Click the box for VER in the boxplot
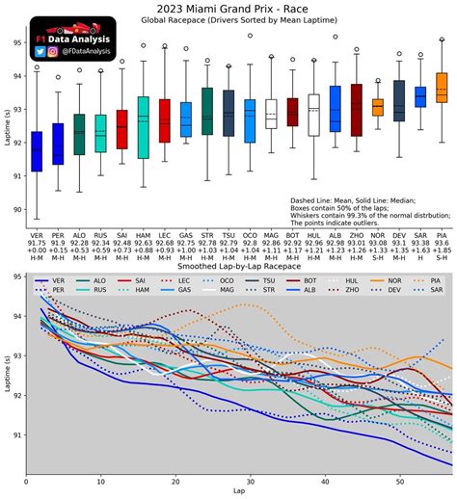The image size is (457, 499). (x=37, y=151)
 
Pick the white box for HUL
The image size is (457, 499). (x=313, y=115)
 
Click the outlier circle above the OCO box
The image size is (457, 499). (x=250, y=36)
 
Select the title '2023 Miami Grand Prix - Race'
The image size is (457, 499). (x=228, y=8)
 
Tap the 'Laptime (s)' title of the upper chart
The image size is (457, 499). (x=7, y=120)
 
